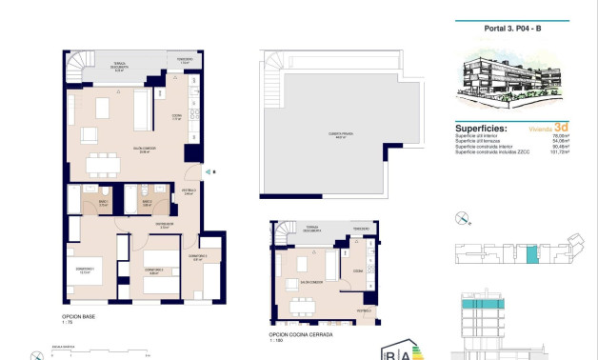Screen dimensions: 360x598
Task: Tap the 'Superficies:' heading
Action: click(x=479, y=127)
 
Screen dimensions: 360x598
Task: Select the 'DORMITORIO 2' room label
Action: click(x=155, y=270)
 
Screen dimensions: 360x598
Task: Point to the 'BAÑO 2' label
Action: click(x=148, y=202)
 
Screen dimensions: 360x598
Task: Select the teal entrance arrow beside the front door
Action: click(x=209, y=172)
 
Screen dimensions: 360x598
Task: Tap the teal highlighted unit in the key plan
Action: click(x=532, y=254)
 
